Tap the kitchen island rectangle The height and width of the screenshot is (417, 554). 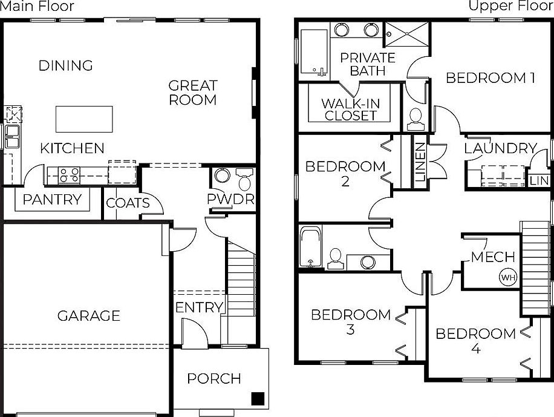point(84,119)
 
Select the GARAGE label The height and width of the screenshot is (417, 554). point(89,315)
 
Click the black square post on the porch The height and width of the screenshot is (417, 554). point(258,398)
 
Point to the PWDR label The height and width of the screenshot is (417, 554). point(230,199)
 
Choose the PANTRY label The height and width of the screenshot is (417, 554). point(52,199)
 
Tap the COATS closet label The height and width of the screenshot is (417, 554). point(128,202)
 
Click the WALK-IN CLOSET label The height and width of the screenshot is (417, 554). point(351,109)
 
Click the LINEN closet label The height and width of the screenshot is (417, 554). point(420,163)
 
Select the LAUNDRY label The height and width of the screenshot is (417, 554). point(501,148)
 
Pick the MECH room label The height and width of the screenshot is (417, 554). point(493,257)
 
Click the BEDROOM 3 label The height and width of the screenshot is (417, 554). point(351,321)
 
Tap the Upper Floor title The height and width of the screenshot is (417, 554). point(511,7)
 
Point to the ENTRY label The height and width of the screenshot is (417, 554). point(199,307)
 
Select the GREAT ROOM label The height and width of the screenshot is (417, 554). point(192,93)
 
